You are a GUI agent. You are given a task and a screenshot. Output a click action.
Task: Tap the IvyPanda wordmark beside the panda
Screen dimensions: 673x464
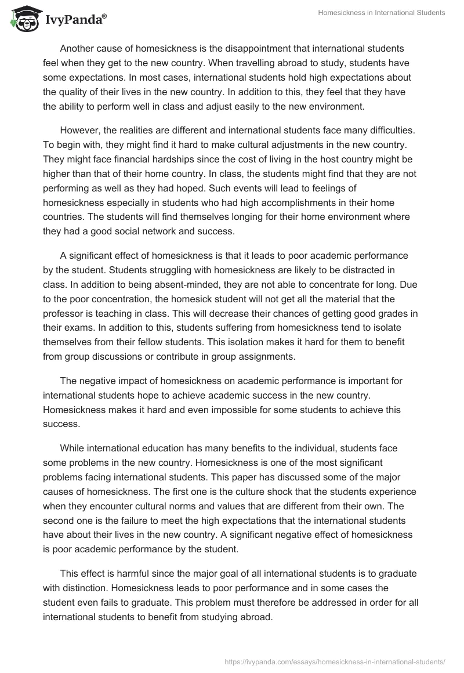[74, 20]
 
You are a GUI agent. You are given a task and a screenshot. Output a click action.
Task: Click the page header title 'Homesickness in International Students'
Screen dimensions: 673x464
[382, 13]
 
